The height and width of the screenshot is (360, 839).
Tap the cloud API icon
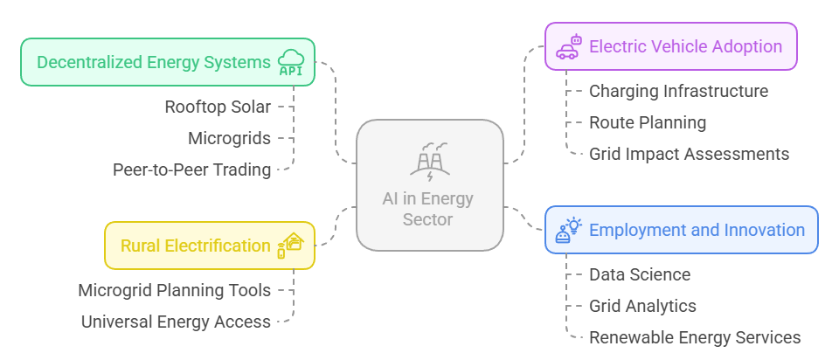point(291,63)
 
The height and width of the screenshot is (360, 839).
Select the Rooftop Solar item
point(218,107)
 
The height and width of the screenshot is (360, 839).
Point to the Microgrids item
point(229,138)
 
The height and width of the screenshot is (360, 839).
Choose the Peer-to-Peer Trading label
point(191,170)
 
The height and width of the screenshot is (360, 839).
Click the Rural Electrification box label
point(196,246)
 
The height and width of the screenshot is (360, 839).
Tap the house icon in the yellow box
point(290,245)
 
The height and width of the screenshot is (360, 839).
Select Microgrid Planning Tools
point(174,290)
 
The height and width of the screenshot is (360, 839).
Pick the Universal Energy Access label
point(176,322)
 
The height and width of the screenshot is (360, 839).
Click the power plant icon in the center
point(429,161)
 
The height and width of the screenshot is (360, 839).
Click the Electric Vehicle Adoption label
point(686,46)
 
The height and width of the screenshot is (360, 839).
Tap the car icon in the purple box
point(568,47)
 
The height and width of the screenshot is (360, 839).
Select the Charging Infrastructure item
point(678,91)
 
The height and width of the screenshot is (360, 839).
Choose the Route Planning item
point(647,122)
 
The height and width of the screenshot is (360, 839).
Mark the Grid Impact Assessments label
point(689,154)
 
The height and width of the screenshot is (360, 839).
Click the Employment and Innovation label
point(697,230)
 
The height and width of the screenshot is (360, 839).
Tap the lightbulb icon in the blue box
point(568,230)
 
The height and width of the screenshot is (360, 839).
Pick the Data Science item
point(639,274)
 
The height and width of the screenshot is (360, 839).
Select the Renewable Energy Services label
point(694,337)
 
